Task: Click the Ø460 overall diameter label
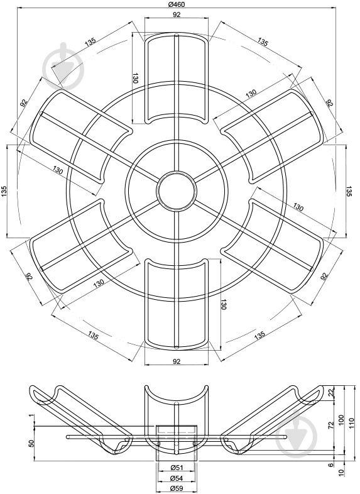[x=177, y=4]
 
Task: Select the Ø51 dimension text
[x=177, y=468]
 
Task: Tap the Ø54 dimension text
[x=177, y=478]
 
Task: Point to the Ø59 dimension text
[x=177, y=488]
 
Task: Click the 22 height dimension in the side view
[x=330, y=393]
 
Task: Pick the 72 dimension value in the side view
[x=330, y=425]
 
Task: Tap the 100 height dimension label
[x=341, y=420]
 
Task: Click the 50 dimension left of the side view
[x=31, y=443]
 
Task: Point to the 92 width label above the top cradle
[x=177, y=14]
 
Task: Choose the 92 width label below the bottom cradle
[x=177, y=361]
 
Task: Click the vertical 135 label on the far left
[x=4, y=191]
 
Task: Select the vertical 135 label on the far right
[x=349, y=192]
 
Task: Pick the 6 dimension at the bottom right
[x=330, y=464]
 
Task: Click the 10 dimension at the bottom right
[x=341, y=472]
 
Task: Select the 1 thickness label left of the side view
[x=31, y=416]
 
